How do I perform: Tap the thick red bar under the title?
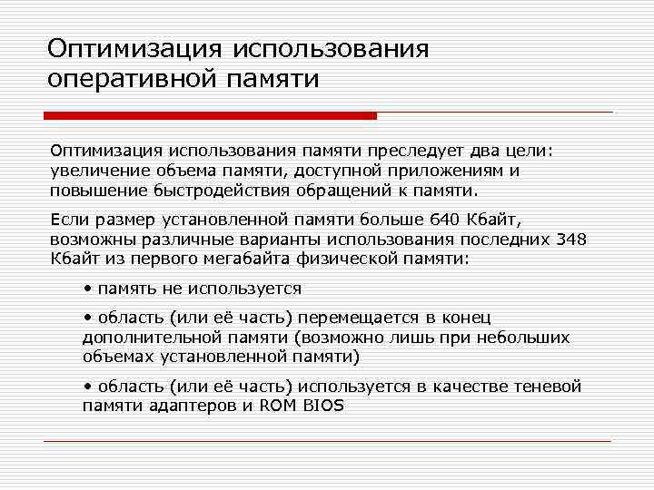coord(211,116)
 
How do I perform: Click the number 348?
coord(571,240)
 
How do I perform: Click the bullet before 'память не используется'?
coord(86,289)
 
